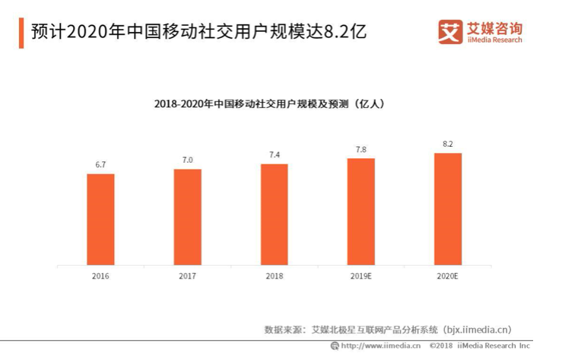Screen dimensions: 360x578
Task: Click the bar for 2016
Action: coord(100,219)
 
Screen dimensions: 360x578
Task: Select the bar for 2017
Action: coord(187,217)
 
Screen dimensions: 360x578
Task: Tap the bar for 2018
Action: coord(274,214)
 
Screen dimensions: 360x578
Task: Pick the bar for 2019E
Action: coord(361,212)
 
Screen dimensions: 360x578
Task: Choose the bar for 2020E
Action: coord(448,209)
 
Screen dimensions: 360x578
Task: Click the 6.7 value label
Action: coord(100,165)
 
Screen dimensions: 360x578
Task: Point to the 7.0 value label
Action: coord(187,160)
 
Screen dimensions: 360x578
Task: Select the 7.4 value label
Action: coord(274,155)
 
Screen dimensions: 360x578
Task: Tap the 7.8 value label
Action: coord(361,149)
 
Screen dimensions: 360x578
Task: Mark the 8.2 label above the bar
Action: coord(448,144)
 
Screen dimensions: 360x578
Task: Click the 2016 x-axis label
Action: coord(100,276)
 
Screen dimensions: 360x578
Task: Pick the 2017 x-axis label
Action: coord(187,276)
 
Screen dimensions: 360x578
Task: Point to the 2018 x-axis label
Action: coord(274,276)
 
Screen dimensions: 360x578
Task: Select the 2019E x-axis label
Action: coord(361,276)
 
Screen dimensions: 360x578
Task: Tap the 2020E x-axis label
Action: coord(448,276)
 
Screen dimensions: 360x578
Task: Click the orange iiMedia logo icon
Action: coord(449,32)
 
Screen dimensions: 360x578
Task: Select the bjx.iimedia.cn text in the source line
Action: coord(476,330)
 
